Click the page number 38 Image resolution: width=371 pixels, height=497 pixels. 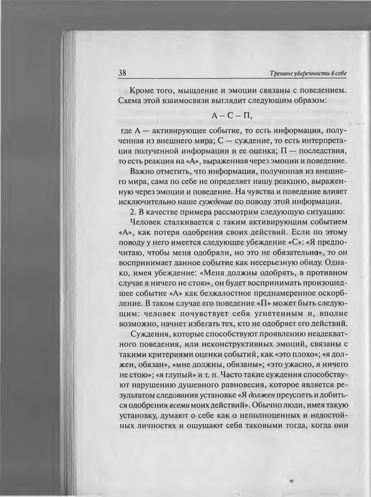point(121,73)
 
